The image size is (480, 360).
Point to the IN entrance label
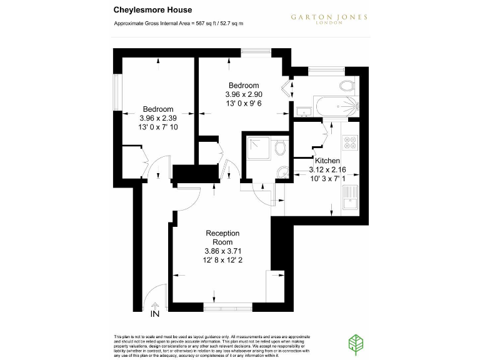tap(155, 313)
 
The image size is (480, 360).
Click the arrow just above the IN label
tap(155, 304)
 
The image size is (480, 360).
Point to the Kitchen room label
tap(327, 161)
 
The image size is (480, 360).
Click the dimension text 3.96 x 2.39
tap(159, 117)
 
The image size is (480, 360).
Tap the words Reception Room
tap(222, 237)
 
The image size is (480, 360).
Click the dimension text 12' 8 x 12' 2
tap(222, 260)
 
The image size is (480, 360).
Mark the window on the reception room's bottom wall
tap(229, 307)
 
